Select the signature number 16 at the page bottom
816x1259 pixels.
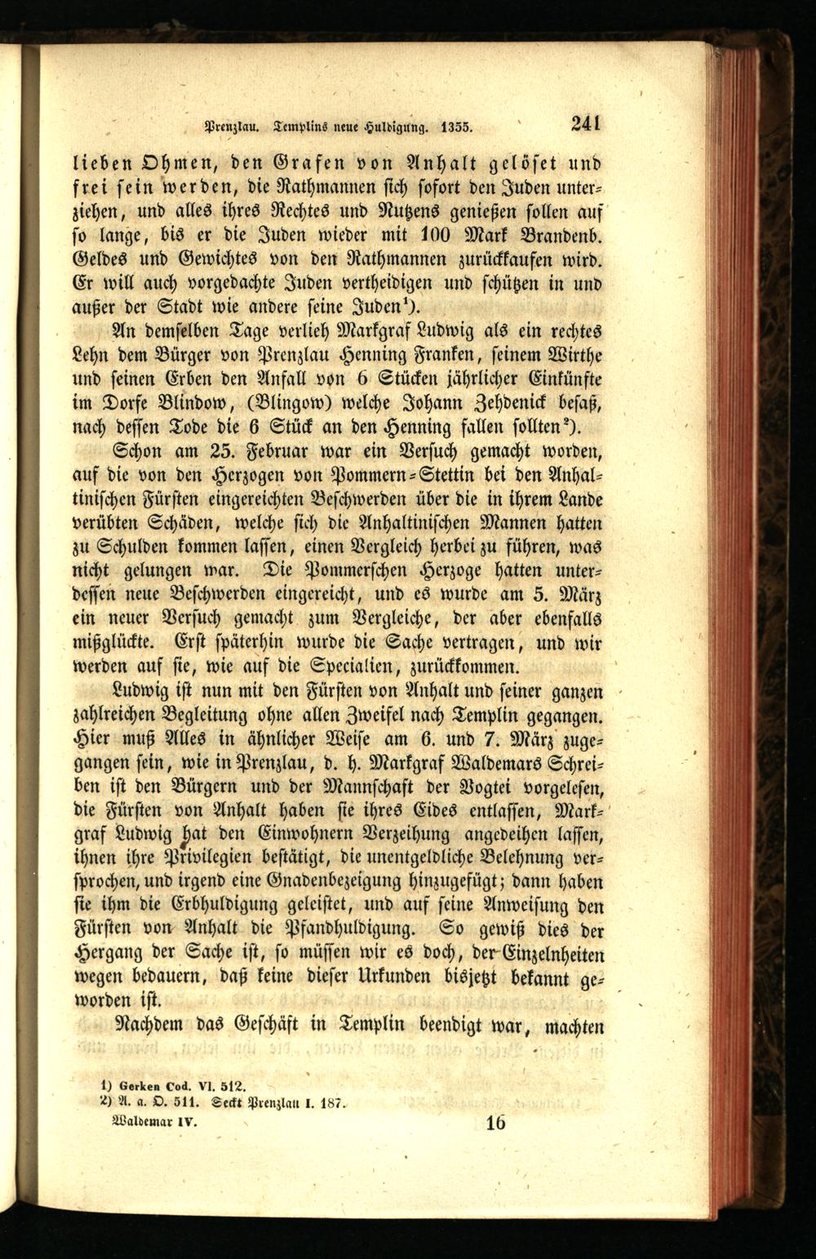pyautogui.click(x=494, y=1122)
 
